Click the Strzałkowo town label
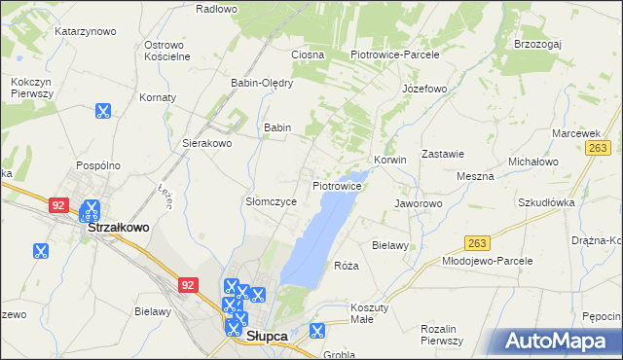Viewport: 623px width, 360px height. coord(119,227)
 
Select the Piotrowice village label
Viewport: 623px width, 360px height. coord(337,185)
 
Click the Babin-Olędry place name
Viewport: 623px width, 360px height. coord(261,83)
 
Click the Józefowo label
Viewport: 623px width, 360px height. coord(423,89)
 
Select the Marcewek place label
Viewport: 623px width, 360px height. coord(575,132)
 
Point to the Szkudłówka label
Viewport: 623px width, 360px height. coord(546,202)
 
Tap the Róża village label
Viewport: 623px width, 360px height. coord(347,266)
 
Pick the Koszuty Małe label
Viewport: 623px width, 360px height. coord(373,313)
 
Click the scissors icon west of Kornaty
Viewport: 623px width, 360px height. coord(102,112)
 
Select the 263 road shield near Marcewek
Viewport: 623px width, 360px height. coord(598,147)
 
